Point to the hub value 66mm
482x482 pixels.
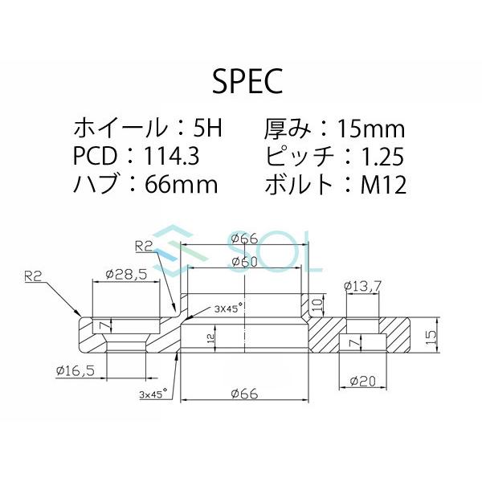182,185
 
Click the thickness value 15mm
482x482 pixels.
369,128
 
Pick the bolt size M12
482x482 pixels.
384,185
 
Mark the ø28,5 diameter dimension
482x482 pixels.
125,275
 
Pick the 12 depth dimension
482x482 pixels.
211,339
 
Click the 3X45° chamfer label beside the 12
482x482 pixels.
206,308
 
